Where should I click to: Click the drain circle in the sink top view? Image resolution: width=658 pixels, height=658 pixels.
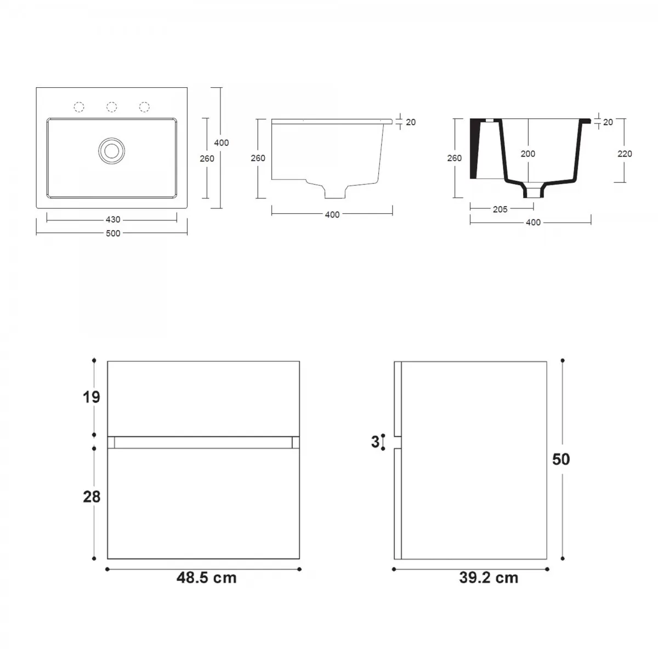point(111,151)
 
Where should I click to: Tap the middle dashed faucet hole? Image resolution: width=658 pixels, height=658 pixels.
point(112,107)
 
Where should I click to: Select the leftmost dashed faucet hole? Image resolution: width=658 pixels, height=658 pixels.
point(79,107)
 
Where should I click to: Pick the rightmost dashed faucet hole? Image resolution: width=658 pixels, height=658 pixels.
point(144,107)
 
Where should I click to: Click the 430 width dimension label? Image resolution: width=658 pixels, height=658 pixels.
point(113,219)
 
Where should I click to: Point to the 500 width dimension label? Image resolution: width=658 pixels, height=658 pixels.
point(113,234)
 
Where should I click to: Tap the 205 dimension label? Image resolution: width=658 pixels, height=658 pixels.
point(500,209)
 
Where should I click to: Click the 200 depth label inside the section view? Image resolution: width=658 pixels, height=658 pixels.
point(527,154)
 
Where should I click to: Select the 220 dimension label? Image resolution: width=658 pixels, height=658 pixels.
point(625,154)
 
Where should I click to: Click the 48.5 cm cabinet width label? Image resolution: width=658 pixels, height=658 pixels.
point(206,578)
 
